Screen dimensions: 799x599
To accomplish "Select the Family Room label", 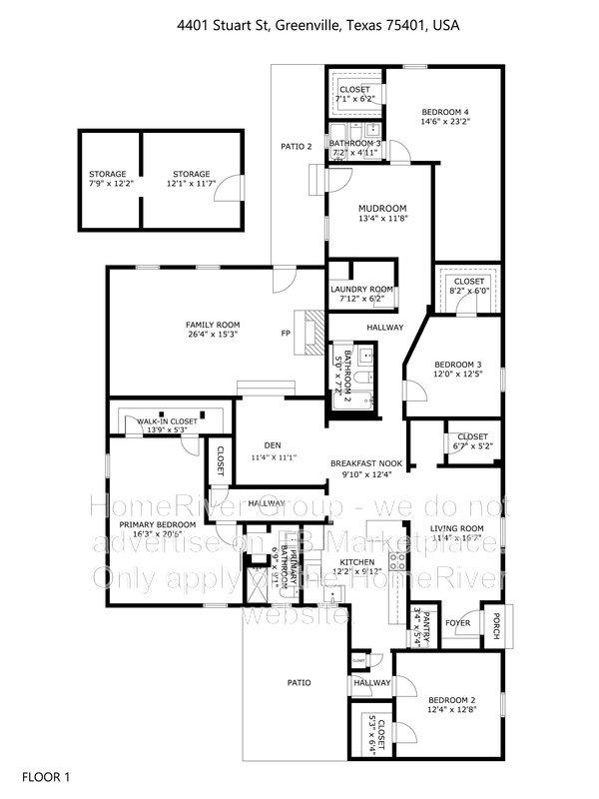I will (213, 326).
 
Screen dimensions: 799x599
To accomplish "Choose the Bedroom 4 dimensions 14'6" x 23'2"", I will (446, 121).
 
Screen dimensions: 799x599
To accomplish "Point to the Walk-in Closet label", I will (167, 421).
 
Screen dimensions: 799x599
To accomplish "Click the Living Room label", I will (457, 528).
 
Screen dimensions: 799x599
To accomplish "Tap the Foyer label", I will (457, 623).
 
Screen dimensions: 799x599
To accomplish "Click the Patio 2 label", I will (296, 147).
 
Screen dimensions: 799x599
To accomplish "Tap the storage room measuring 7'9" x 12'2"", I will (108, 174).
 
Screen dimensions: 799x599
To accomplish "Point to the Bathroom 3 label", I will (356, 144).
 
